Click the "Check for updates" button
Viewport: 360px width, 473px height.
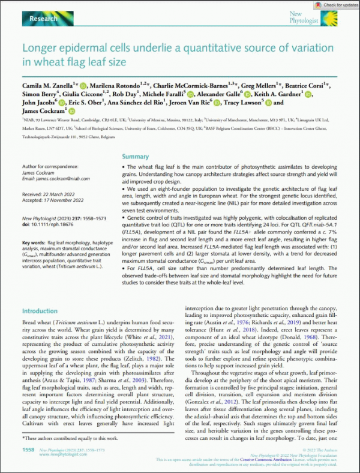coord(333,5)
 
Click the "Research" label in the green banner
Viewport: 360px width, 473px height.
coord(43,19)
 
